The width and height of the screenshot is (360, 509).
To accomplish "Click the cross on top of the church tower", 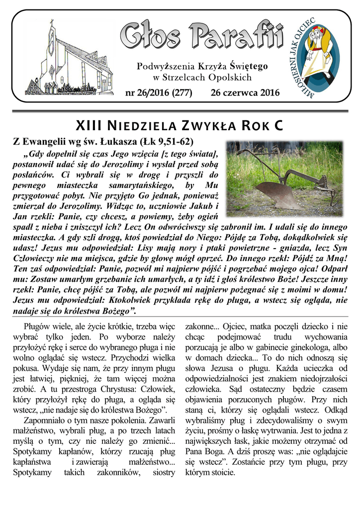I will pos(51,23).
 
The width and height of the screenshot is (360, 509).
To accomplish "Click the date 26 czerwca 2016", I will pos(245,92).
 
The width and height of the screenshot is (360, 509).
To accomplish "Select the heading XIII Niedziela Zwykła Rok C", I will pos(180,126).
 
